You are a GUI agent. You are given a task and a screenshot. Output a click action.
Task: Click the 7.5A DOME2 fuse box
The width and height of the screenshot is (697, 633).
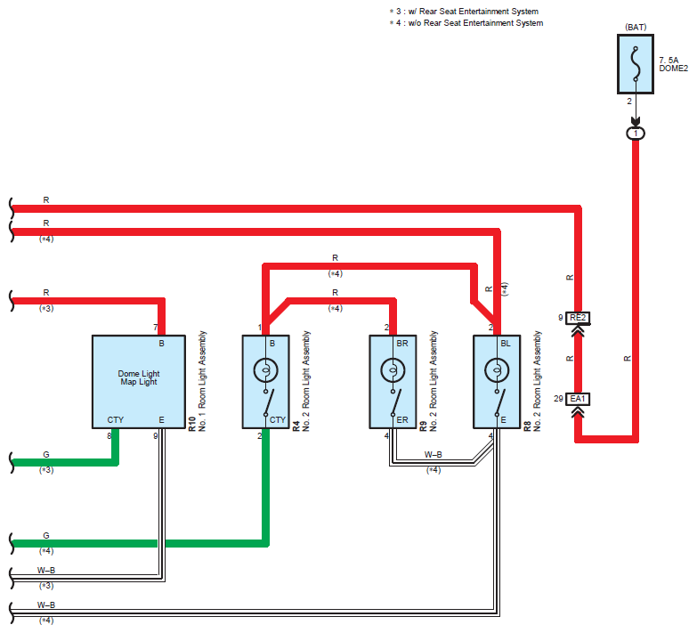636,64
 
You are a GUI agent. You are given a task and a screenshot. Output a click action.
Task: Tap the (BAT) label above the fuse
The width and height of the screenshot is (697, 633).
636,27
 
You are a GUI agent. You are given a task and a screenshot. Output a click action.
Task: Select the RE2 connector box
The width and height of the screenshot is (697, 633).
578,318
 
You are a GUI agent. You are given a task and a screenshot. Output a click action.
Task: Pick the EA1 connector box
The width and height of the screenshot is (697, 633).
578,399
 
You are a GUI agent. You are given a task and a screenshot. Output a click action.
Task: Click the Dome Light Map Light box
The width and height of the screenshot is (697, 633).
139,382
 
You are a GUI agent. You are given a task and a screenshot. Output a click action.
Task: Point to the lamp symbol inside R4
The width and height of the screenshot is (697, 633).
266,369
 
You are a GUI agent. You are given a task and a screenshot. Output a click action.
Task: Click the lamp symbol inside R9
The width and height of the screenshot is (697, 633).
393,369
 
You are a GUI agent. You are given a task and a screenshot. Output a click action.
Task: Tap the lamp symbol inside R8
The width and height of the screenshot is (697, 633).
497,369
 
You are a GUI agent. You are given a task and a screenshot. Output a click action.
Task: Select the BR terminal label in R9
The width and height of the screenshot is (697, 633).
402,344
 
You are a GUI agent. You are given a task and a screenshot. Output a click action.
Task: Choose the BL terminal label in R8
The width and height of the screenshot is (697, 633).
506,344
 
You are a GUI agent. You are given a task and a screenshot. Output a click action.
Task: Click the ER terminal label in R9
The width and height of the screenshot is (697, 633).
402,420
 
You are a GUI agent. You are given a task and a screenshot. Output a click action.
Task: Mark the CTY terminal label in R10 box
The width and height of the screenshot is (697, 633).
116,420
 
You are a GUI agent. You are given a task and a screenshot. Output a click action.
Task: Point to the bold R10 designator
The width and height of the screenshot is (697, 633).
192,424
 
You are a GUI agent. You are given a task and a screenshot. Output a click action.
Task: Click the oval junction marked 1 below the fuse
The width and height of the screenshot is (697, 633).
636,134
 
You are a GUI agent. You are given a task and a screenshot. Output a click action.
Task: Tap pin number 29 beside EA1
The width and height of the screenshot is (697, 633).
559,399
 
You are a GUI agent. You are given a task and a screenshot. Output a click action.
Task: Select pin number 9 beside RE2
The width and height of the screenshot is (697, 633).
561,317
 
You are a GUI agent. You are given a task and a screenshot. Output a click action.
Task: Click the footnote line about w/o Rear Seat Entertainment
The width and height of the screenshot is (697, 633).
466,23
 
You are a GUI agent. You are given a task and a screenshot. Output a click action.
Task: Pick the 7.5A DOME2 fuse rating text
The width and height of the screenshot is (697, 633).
674,64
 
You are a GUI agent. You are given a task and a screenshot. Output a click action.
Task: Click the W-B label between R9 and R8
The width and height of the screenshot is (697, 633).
433,455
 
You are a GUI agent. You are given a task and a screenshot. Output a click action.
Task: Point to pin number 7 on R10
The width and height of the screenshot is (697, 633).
156,328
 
